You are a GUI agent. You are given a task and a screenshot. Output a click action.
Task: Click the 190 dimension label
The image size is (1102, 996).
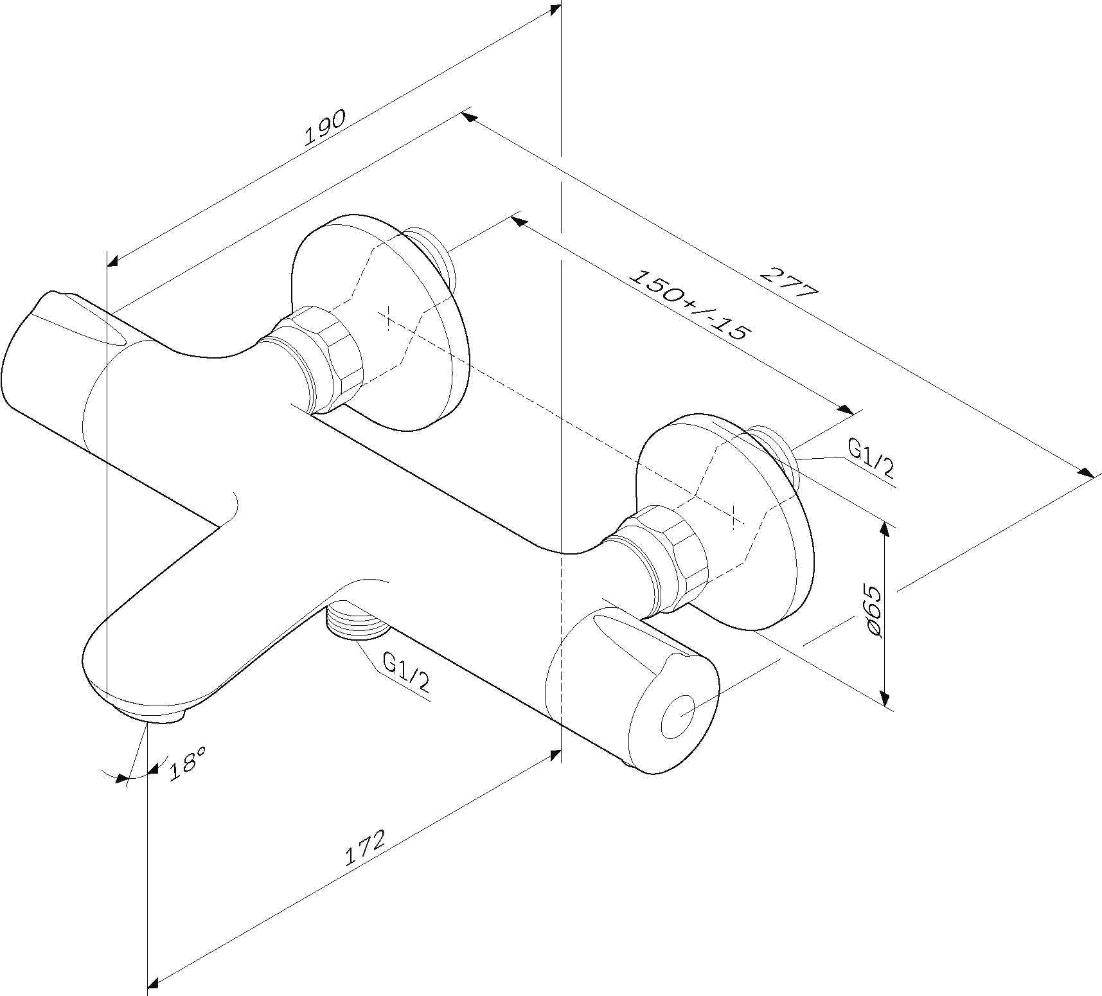325,127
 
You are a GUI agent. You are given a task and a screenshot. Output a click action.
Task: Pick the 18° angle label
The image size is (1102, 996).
186,763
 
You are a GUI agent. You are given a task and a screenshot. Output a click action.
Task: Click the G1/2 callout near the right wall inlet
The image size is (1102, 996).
871,458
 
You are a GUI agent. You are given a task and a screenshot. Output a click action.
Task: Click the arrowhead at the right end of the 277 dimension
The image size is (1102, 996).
1087,472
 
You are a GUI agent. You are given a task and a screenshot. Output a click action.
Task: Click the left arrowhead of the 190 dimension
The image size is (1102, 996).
114,260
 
